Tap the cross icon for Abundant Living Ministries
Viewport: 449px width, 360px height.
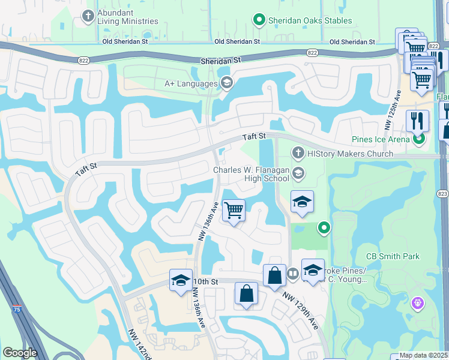point(88,16)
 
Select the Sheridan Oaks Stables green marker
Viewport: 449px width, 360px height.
point(259,20)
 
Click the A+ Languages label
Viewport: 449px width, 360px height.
point(191,83)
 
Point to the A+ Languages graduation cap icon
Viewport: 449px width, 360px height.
point(226,83)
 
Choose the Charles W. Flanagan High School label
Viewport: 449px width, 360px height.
point(252,174)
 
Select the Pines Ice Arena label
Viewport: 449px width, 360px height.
point(381,139)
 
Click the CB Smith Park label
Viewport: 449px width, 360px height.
point(394,256)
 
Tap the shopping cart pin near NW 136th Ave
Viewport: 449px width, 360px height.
point(233,211)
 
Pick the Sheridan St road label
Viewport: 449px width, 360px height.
point(220,61)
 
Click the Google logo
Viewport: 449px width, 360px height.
point(20,353)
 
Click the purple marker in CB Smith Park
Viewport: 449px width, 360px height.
point(417,304)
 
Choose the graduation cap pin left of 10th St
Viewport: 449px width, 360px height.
point(180,280)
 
